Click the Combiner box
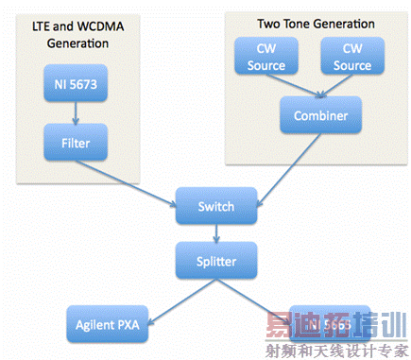[306, 115]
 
